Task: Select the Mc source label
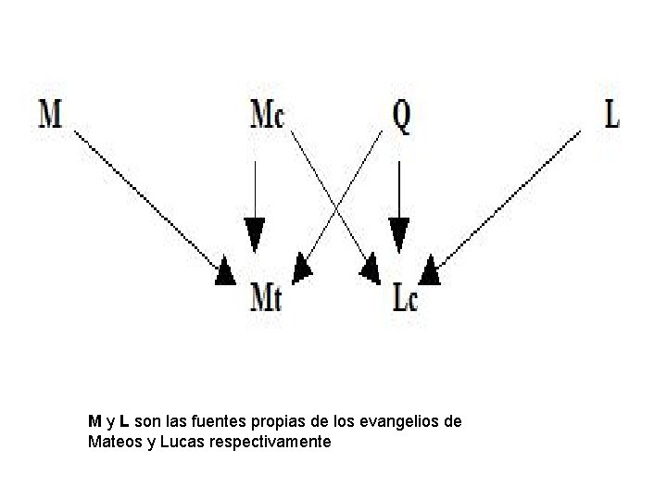268,114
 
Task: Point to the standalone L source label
611,114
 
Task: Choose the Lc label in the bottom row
405,298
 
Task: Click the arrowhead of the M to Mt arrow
226,273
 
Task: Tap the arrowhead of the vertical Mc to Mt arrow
255,234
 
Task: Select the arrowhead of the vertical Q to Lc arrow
398,234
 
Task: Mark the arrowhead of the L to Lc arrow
429,272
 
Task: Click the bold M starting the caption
94,422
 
